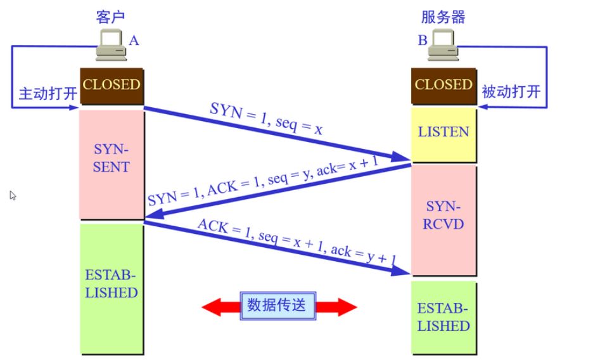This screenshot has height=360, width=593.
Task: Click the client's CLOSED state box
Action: click(112, 86)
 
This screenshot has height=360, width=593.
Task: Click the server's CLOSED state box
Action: click(443, 86)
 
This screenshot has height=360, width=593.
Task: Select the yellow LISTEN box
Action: click(443, 135)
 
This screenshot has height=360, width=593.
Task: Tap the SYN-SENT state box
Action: click(112, 165)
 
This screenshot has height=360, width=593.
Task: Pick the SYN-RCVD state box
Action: click(443, 220)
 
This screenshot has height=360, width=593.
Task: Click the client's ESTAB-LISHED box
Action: click(112, 289)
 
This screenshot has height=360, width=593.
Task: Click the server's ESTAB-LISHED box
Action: click(443, 318)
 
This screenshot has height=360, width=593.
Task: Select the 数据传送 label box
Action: click(277, 305)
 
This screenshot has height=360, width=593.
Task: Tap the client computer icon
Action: click(111, 44)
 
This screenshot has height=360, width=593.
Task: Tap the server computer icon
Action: click(443, 44)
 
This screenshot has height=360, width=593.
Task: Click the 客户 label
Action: click(110, 17)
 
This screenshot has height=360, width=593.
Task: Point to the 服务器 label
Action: click(443, 17)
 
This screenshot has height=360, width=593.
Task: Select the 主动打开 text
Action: click(48, 93)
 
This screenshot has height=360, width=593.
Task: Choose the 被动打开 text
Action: click(511, 91)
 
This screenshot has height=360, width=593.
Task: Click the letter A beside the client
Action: click(134, 41)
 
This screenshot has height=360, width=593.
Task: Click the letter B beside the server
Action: click(423, 40)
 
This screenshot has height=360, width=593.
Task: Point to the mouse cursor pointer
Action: click(13, 195)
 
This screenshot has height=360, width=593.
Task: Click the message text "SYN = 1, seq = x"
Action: click(266, 119)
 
